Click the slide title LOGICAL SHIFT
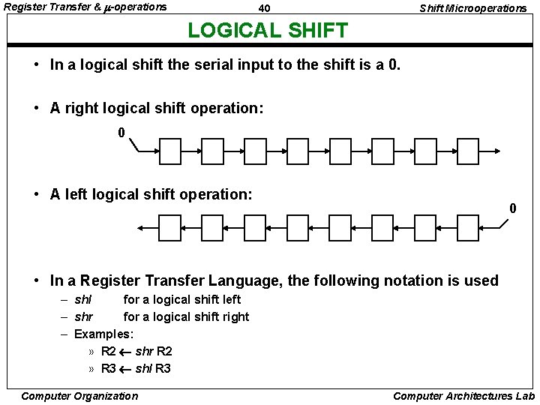tap(268, 31)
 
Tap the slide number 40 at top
tap(263, 8)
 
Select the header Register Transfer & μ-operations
tap(85, 7)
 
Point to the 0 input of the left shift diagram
tap(513, 208)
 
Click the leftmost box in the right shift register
tap(170, 152)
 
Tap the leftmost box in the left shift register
tap(170, 227)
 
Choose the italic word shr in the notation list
tap(84, 316)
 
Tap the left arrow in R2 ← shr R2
tap(125, 351)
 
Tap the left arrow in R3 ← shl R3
tap(125, 368)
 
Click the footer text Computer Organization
tap(79, 396)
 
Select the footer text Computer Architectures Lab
tap(463, 396)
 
